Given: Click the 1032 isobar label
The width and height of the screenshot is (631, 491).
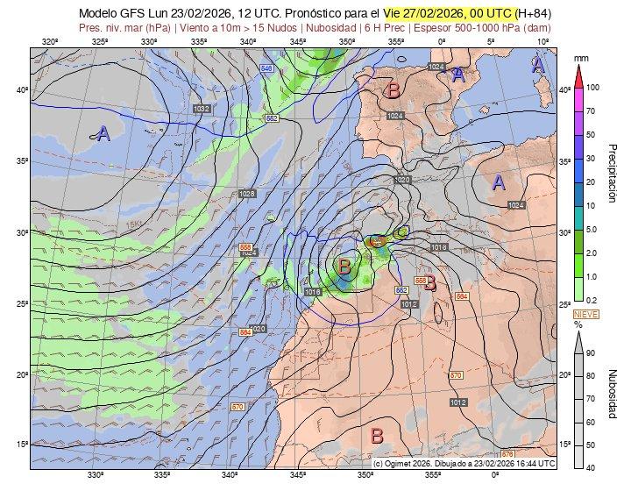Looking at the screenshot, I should tap(202, 109).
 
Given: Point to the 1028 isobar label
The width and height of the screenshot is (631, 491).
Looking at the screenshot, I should tap(246, 194).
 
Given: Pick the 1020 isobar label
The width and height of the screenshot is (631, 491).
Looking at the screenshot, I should tap(402, 180).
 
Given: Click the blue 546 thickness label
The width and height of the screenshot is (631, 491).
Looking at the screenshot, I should tap(266, 68).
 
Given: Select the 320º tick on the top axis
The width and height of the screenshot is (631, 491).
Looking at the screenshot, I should tap(50, 41).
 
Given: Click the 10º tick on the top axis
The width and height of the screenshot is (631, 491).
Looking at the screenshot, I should tap(543, 41).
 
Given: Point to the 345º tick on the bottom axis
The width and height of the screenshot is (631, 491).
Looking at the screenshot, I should tap(298, 476).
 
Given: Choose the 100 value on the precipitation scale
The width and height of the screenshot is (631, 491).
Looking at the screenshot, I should tap(592, 88).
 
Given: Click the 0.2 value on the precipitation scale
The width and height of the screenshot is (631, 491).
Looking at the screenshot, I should tap(592, 300).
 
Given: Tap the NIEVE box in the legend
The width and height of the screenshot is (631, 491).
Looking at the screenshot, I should tap(585, 313).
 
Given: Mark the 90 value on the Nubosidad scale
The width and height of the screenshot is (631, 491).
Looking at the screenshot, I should tap(592, 352).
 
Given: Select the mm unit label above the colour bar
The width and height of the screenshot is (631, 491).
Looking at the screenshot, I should tap(579, 58).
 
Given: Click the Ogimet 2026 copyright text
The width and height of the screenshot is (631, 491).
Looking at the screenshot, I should tap(464, 462).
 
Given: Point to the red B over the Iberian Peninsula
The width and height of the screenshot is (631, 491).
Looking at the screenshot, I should tap(393, 89).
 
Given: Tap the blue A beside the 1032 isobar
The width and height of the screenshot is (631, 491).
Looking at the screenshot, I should tap(103, 133).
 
